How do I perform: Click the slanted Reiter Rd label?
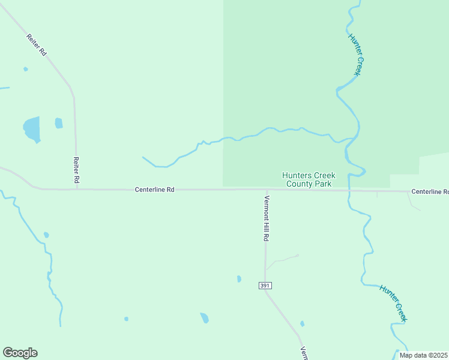tap(37, 46)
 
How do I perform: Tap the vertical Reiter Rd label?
tap(76, 170)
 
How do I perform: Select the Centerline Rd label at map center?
tap(154, 190)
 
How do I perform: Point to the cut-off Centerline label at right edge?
tap(430, 191)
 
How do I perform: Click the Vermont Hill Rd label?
tap(266, 218)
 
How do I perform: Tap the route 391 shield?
tap(265, 286)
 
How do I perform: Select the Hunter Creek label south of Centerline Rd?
tap(393, 303)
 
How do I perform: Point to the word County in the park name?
tap(299, 184)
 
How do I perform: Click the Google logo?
tap(20, 353)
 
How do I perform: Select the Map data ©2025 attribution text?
tap(424, 355)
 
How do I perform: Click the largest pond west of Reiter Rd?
tap(32, 128)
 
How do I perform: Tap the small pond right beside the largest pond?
tap(59, 123)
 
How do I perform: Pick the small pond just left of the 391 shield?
tap(239, 279)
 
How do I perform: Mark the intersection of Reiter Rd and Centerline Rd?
tap(76, 189)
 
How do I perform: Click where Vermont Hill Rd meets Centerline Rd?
tap(265, 190)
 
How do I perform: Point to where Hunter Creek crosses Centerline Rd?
tap(349, 190)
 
